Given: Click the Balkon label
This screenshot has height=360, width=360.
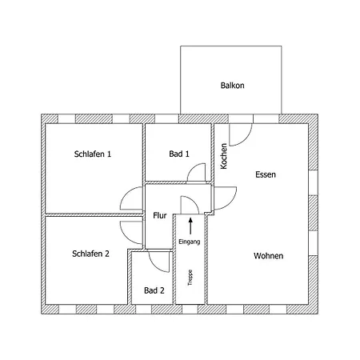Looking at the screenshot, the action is [232, 86].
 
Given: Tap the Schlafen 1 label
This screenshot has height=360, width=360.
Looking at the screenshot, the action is [93, 154].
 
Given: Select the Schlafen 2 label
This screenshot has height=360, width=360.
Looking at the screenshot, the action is [90, 254].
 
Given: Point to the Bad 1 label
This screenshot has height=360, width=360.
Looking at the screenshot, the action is [179, 154].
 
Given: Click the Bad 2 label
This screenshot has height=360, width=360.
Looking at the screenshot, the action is [154, 290].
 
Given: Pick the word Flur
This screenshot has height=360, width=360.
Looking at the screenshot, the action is [160, 215].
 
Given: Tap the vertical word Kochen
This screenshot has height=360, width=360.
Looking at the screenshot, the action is [224, 156].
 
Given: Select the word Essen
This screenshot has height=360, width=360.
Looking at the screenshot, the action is [266, 174].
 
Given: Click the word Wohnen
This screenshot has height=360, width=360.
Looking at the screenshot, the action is [268, 256].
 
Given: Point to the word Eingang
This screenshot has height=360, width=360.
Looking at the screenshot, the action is [190, 242].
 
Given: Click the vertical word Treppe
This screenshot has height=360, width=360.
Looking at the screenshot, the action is [190, 278].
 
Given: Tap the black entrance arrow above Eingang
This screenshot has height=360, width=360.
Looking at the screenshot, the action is [190, 226].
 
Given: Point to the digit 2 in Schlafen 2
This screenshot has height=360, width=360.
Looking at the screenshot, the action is [107, 254].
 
